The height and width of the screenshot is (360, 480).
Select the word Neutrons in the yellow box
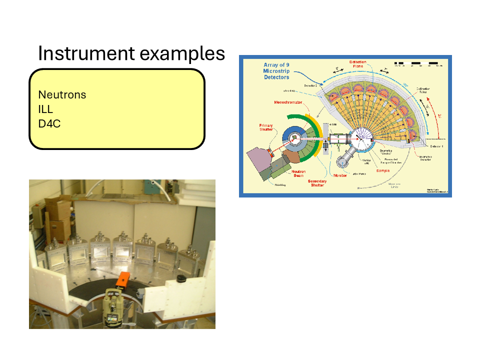62,94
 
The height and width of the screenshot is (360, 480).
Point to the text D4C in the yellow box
49,123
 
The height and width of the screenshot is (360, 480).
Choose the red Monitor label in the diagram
341,175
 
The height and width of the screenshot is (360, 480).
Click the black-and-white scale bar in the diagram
416,64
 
